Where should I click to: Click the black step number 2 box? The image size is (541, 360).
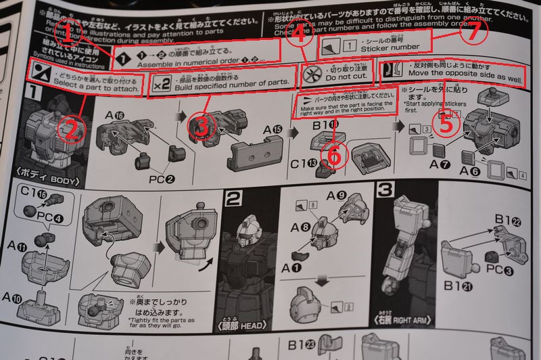[x=232, y=198]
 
